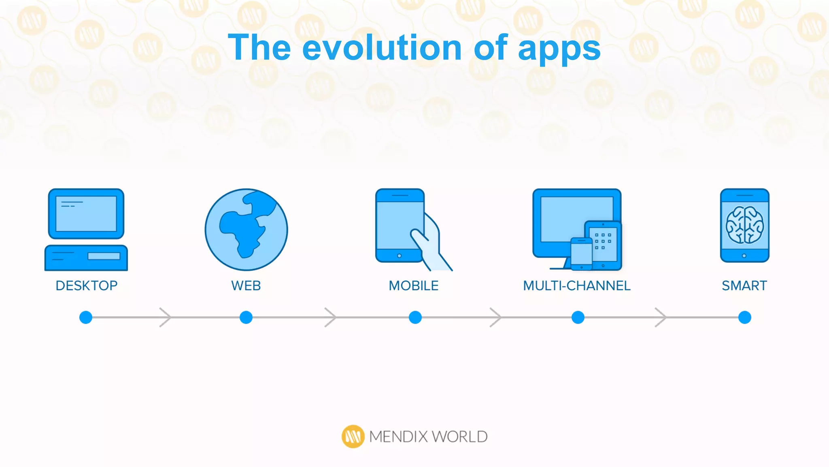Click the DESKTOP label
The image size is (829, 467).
[x=87, y=286]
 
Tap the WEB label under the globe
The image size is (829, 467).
[x=246, y=286]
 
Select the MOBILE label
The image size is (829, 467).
[x=414, y=286]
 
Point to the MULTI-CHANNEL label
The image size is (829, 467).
[x=577, y=286]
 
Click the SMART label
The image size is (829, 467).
[x=744, y=286]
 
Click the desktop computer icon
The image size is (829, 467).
[x=86, y=229]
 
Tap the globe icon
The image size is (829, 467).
[x=246, y=229]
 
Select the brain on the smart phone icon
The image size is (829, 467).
[x=744, y=225]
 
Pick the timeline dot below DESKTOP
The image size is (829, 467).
[x=86, y=317]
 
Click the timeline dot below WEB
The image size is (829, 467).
[x=246, y=317]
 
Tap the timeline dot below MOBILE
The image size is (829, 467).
[x=415, y=317]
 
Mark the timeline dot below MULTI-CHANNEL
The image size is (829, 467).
[x=578, y=317]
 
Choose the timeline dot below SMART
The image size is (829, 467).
[x=745, y=317]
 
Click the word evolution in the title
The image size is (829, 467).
[x=382, y=48]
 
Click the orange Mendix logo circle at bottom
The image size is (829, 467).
[x=353, y=437]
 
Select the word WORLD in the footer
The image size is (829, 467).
[x=459, y=437]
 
